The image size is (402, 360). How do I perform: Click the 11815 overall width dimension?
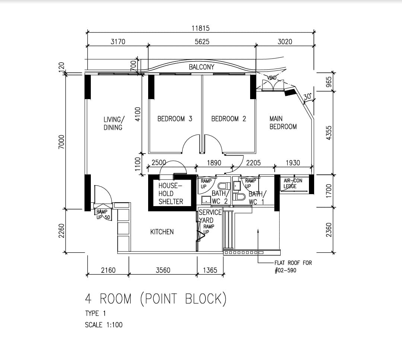[x=201, y=28]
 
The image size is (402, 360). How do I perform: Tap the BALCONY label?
[x=201, y=67]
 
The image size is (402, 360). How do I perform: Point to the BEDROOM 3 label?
[x=175, y=119]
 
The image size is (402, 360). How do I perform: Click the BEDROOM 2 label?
[x=229, y=119]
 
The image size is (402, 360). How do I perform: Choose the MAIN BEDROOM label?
[x=283, y=123]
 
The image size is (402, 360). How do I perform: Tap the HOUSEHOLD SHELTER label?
[x=170, y=194]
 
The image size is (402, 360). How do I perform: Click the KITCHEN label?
[x=162, y=232]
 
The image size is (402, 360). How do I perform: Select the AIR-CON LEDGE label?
[x=293, y=183]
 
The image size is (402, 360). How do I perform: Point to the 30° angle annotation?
[x=307, y=97]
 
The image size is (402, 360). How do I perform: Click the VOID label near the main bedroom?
[x=272, y=78]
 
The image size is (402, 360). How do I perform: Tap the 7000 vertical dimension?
[x=61, y=142]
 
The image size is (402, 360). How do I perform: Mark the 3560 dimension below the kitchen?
[x=163, y=270]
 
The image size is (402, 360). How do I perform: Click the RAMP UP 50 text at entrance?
[x=103, y=215]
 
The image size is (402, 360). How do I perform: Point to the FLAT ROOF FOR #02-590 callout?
[x=293, y=266]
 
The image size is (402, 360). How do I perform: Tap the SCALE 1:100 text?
[x=104, y=325]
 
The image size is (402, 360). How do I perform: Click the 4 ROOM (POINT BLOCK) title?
[x=156, y=299]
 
